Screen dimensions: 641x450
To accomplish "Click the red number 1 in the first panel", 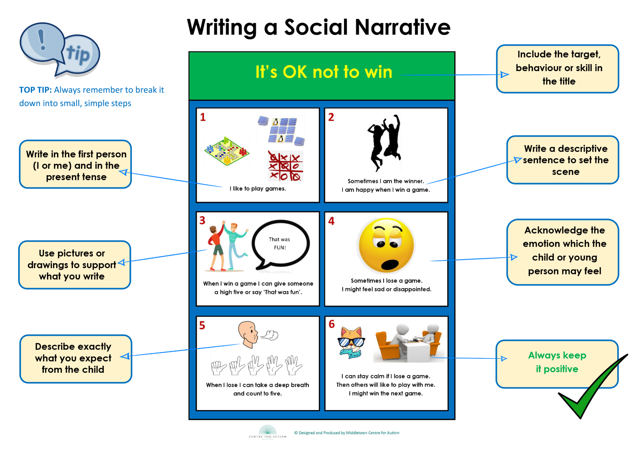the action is click(203, 117).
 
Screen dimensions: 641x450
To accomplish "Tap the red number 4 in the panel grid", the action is click(331, 221).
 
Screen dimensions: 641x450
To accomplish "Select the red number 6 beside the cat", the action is click(332, 324).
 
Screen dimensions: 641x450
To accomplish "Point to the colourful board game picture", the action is click(227, 151).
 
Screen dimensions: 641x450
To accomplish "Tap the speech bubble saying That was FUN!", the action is click(280, 244).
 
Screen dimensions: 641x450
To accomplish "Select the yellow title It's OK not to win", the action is click(324, 72).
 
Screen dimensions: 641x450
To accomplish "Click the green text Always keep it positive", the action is click(557, 362).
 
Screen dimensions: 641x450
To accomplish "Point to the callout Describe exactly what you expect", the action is click(76, 358).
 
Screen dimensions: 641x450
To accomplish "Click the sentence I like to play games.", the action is click(258, 189).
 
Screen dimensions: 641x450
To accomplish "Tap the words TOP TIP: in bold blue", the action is click(35, 90).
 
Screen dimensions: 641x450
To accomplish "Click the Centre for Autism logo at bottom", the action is click(267, 432).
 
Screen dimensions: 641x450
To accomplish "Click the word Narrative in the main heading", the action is click(403, 27).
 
